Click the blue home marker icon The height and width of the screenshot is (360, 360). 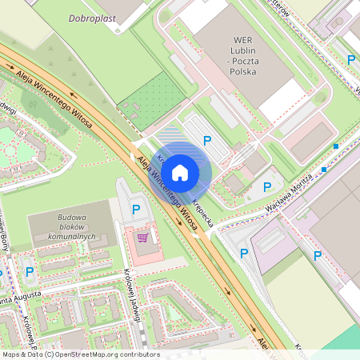[180, 171]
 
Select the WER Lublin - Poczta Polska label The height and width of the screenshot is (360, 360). [242, 54]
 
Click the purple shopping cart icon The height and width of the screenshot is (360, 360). [142, 237]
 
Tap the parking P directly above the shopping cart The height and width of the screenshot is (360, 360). [136, 210]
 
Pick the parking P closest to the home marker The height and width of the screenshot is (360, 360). [206, 141]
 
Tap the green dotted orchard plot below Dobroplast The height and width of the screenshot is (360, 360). [153, 102]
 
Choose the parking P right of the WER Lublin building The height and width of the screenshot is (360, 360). [350, 59]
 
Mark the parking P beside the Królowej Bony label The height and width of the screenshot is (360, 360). [30, 272]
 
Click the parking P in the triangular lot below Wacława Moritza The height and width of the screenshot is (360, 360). [244, 253]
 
